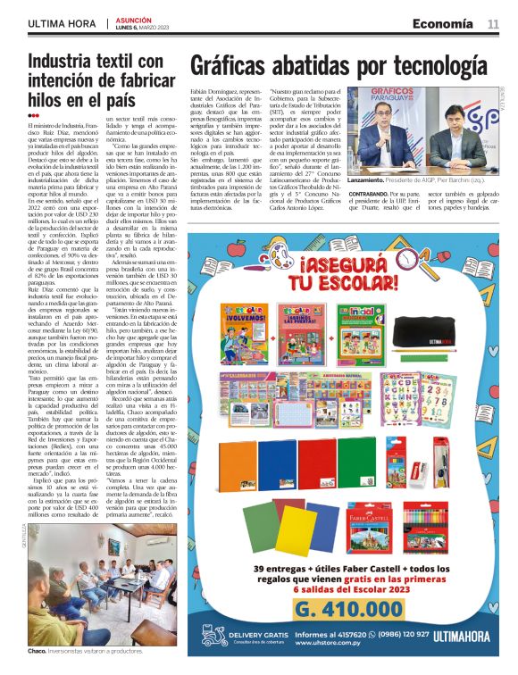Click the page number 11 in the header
493,23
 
